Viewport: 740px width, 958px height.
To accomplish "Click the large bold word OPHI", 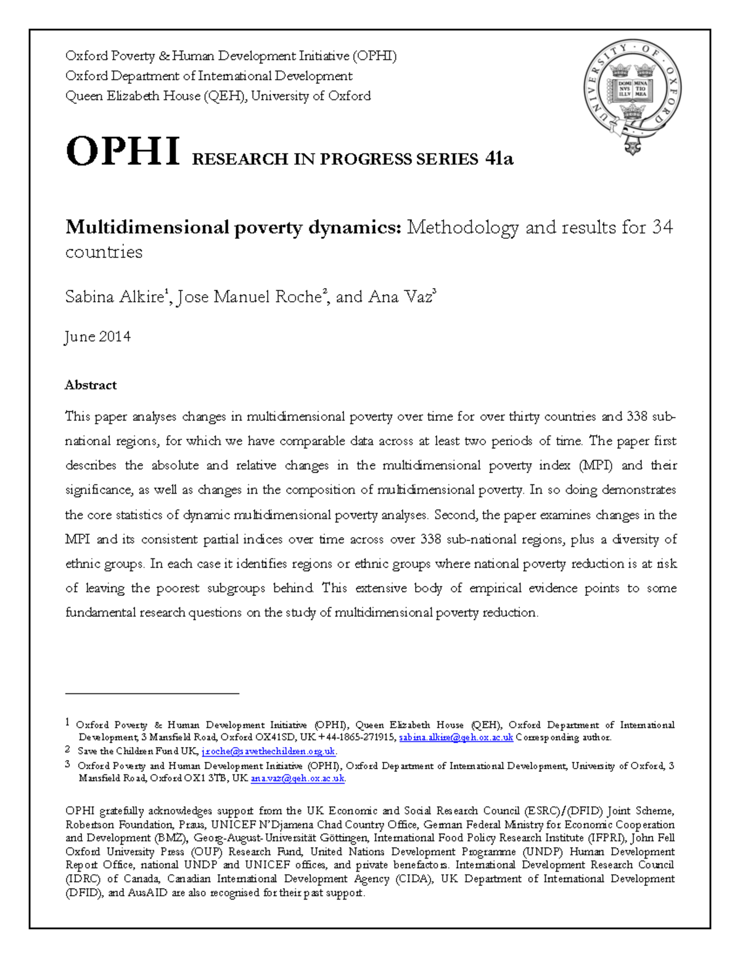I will [123, 152].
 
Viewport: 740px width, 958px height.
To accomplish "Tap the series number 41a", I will [499, 159].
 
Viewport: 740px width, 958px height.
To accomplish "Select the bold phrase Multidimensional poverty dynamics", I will [233, 228].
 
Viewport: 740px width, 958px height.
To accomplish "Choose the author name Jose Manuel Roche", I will [249, 297].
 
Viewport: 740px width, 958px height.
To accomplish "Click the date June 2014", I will [97, 337].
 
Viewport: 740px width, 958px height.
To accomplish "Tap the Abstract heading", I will [91, 385].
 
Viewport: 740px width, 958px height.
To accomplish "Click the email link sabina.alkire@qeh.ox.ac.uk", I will [456, 738].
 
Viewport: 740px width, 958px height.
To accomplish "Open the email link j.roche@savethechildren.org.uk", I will [268, 751].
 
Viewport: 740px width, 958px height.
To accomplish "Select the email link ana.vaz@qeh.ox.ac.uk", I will [297, 778].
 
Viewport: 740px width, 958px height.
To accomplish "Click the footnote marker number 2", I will [68, 751].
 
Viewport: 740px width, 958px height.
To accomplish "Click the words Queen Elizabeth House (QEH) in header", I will [155, 96].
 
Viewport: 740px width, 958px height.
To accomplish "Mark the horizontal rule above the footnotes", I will [152, 694].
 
